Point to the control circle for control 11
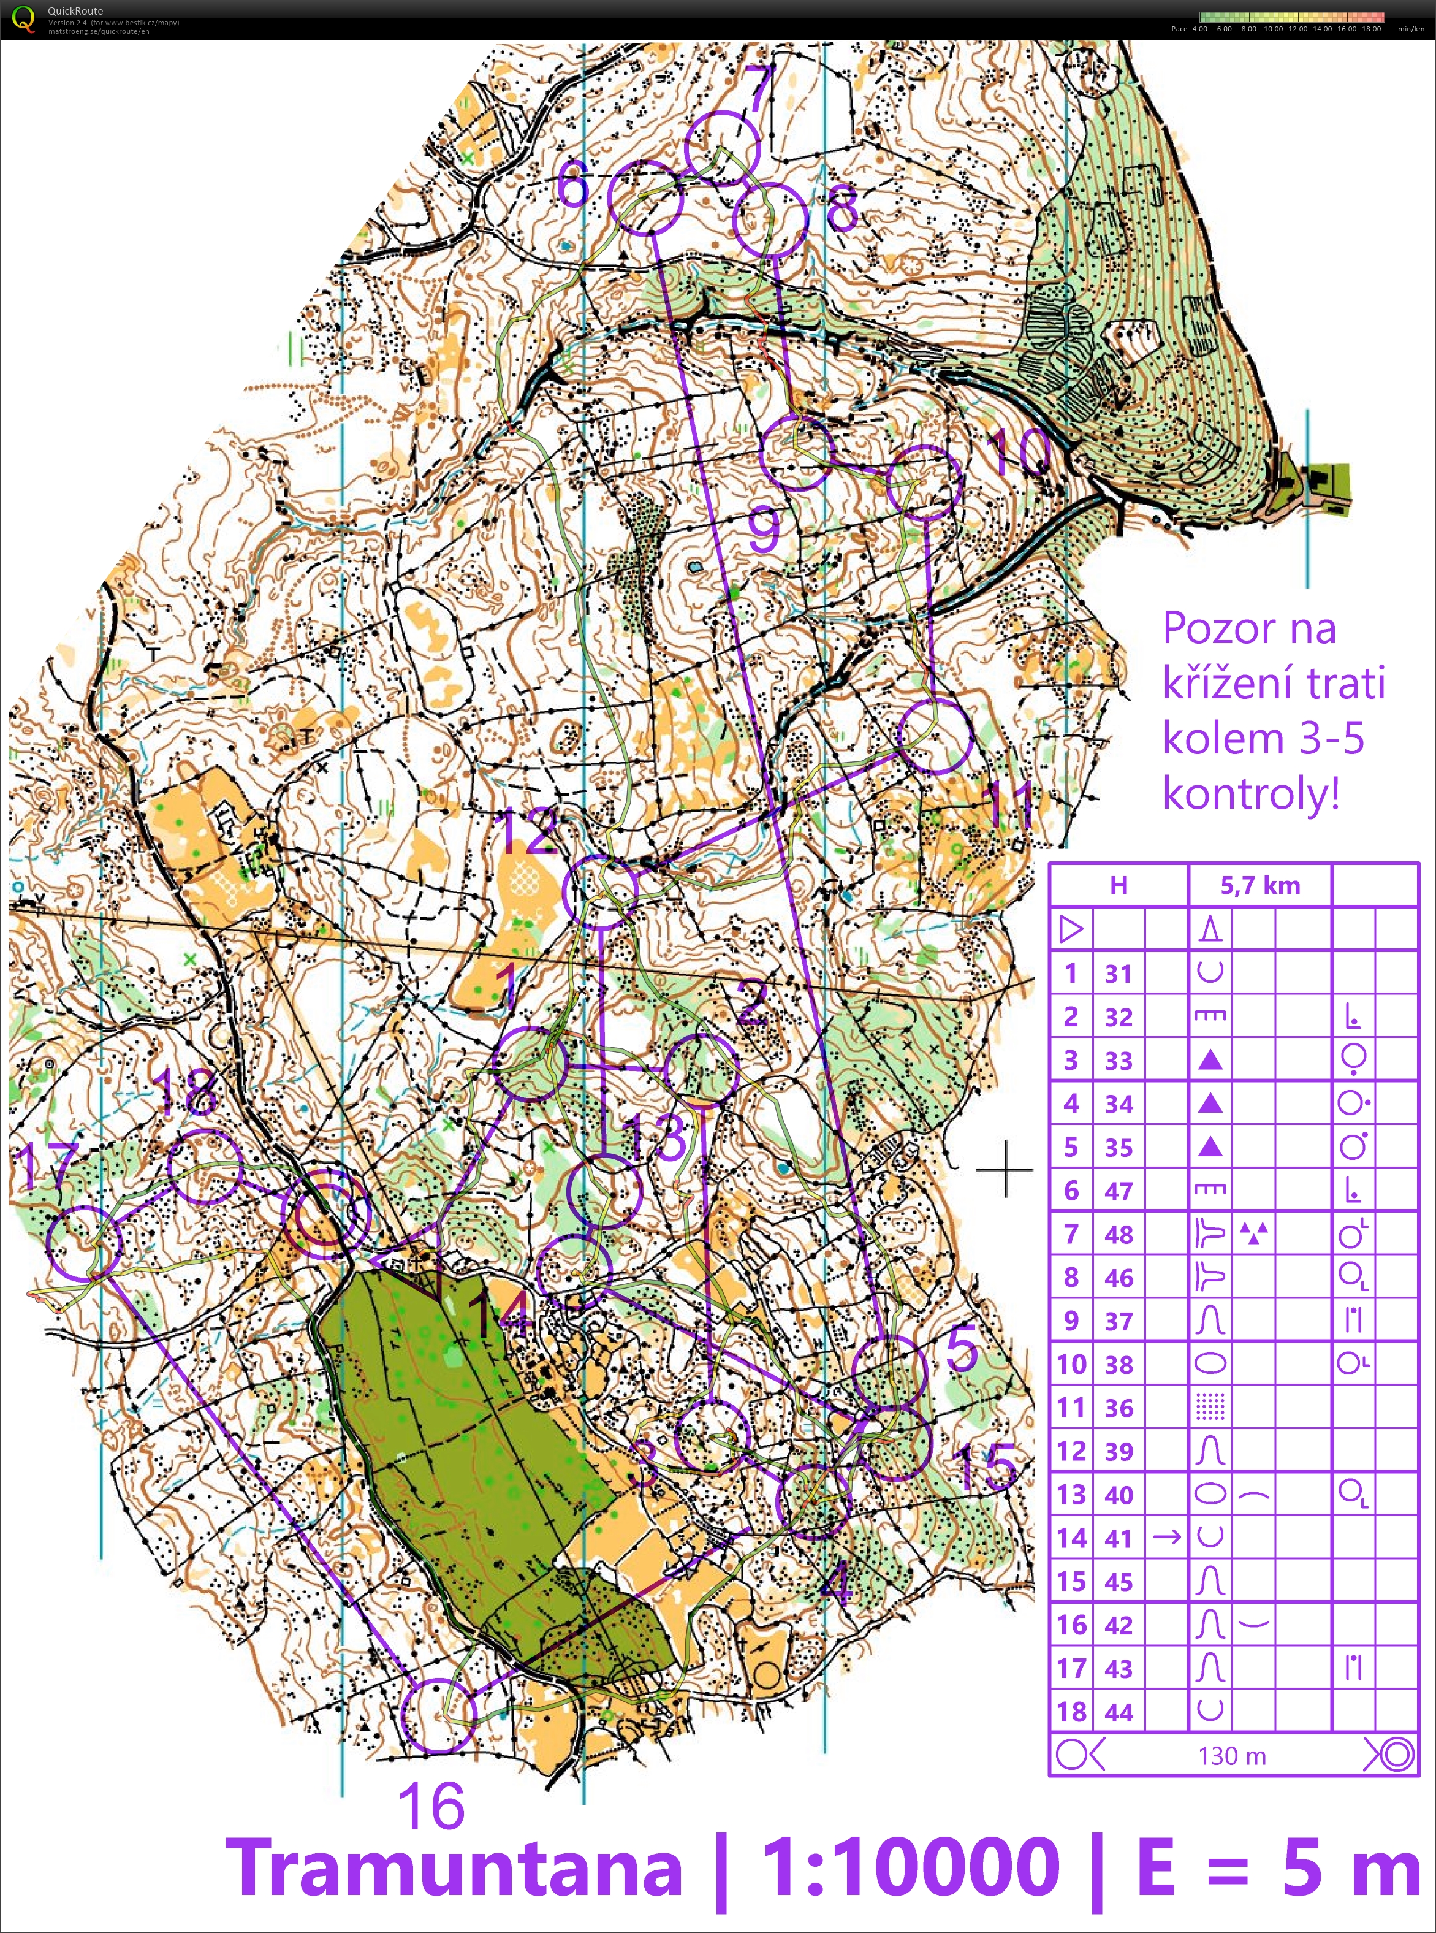point(935,736)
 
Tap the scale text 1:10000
point(910,1866)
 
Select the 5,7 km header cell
point(1259,885)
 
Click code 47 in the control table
point(1118,1191)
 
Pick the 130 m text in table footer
point(1232,1756)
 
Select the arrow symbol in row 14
point(1166,1538)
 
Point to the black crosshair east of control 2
point(1005,1170)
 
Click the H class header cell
point(1118,885)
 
